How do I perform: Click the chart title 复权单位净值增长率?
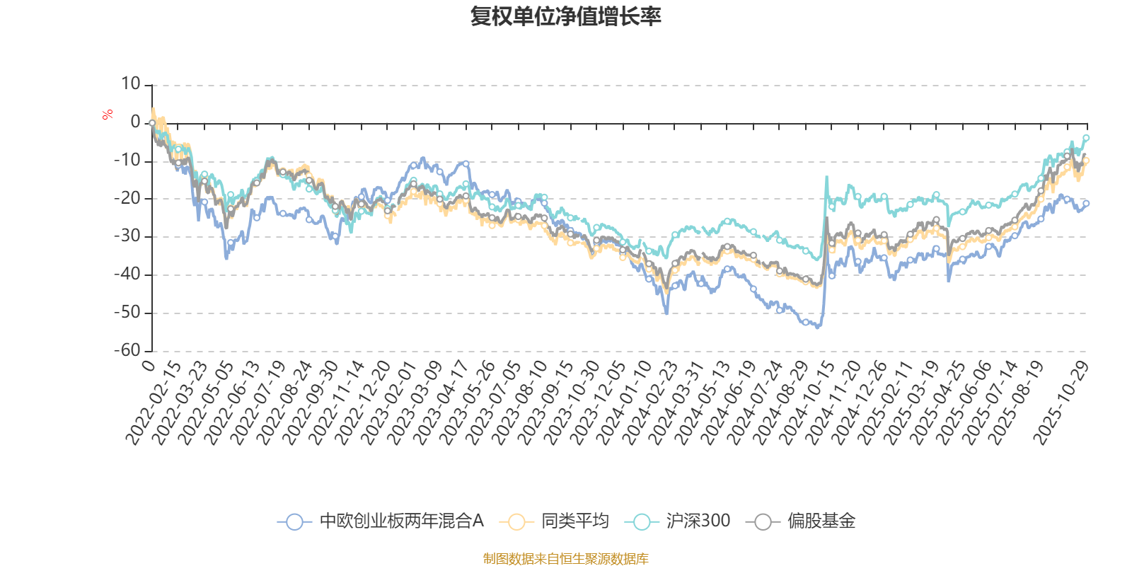[x=565, y=17]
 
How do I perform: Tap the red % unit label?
[x=108, y=114]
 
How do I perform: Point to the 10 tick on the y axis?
[x=130, y=84]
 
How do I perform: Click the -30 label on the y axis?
[x=127, y=236]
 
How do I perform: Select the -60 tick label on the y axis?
[x=127, y=350]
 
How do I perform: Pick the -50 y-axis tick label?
[x=127, y=312]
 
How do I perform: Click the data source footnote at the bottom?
[x=565, y=559]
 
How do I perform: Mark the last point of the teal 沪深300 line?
[x=1086, y=137]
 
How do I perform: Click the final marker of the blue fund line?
[x=1086, y=203]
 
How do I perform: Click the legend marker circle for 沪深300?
[x=642, y=522]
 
